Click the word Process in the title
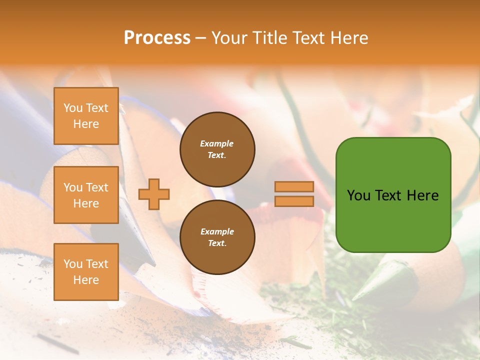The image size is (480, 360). click(157, 38)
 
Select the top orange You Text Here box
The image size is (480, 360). click(86, 116)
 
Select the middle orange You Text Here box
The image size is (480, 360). click(86, 195)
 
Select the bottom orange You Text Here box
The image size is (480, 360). click(86, 271)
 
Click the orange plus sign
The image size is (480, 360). click(154, 194)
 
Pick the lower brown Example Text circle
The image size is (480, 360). click(217, 237)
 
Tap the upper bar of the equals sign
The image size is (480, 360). click(294, 186)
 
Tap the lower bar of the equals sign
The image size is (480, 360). click(294, 201)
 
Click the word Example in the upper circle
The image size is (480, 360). click(217, 143)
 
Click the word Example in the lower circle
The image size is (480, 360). click(217, 231)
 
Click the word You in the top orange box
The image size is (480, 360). click(72, 108)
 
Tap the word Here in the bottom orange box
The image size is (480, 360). click(86, 280)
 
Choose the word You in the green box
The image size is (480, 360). click(358, 195)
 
